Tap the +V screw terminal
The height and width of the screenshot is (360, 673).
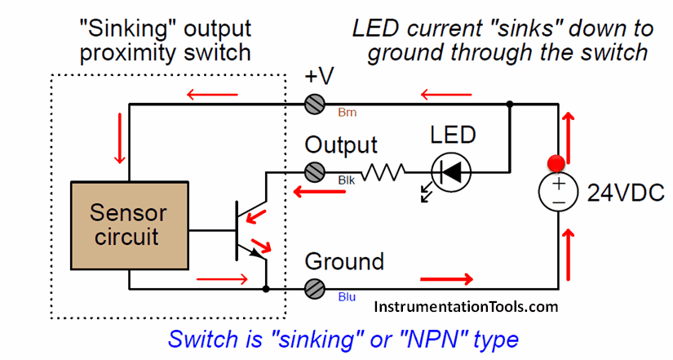pyautogui.click(x=314, y=104)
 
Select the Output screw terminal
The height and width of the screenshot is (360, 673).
pyautogui.click(x=314, y=172)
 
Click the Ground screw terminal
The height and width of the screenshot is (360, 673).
pyautogui.click(x=314, y=288)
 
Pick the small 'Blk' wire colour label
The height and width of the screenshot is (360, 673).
pyautogui.click(x=345, y=179)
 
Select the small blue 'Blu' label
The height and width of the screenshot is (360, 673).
pyautogui.click(x=347, y=297)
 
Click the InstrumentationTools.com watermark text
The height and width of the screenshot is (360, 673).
pyautogui.click(x=467, y=307)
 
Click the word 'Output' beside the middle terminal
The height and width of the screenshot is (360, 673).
pyautogui.click(x=341, y=145)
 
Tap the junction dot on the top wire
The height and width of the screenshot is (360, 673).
pyautogui.click(x=510, y=104)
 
